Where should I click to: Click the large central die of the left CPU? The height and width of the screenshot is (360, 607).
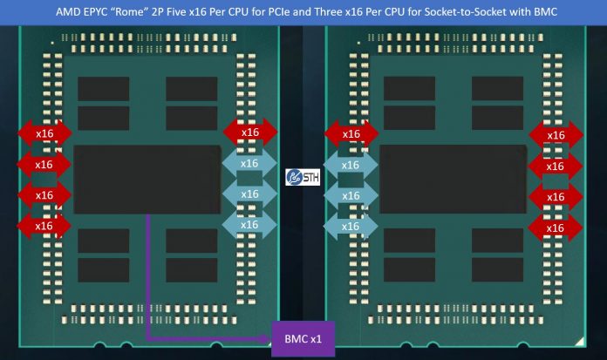tap(147, 180)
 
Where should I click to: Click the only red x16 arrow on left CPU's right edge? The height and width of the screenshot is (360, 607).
tap(250, 132)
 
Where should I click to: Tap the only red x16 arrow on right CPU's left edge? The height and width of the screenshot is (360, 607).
tap(351, 133)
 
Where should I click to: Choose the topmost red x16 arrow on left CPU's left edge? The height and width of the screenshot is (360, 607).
tap(44, 132)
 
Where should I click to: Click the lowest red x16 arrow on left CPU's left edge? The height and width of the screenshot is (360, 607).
tap(44, 226)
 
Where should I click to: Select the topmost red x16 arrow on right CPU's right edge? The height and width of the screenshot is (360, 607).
tap(556, 135)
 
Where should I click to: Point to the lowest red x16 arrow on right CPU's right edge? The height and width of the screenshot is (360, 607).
tap(556, 228)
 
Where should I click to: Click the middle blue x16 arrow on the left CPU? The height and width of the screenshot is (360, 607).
tap(249, 194)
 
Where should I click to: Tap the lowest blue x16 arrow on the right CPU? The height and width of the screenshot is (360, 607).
tap(351, 226)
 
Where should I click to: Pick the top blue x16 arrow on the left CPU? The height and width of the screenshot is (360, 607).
tap(249, 163)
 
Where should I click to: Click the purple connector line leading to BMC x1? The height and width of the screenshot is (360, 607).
tap(149, 279)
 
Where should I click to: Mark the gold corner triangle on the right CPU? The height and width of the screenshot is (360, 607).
tap(578, 336)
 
